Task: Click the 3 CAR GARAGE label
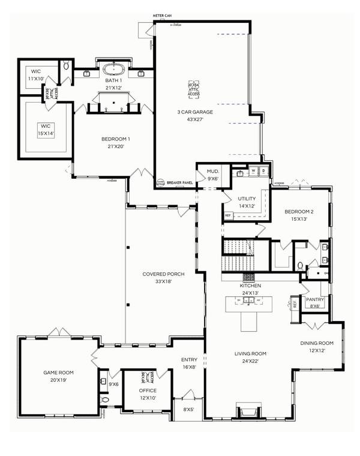(199, 112)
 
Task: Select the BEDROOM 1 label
(116, 139)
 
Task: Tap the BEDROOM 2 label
(299, 212)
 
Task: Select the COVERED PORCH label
(163, 274)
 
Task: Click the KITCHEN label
(250, 286)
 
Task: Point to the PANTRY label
(316, 299)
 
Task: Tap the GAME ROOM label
(58, 373)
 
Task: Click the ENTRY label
(189, 360)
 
